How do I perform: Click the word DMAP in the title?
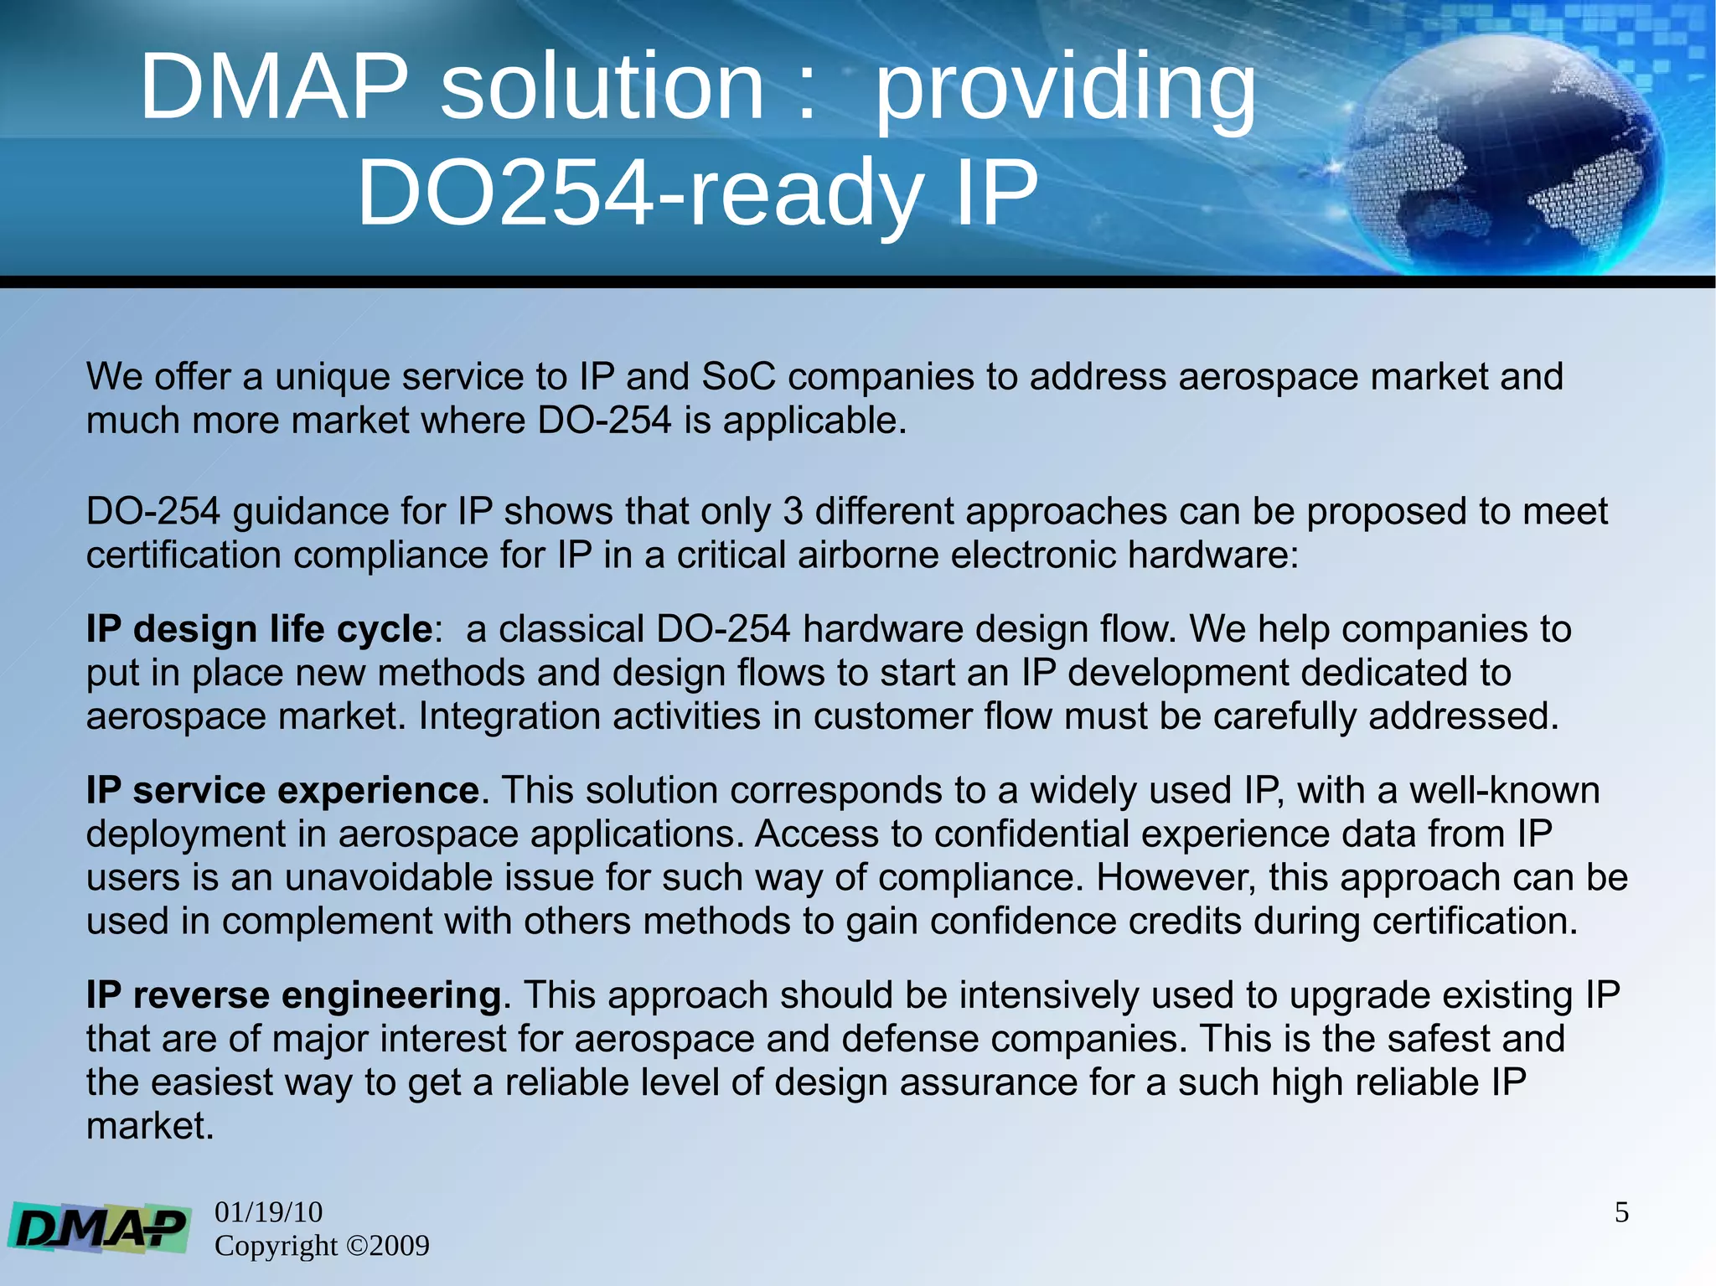pos(274,87)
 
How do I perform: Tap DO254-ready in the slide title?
pos(640,194)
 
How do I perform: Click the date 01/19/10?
pos(268,1211)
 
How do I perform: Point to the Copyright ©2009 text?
pos(322,1246)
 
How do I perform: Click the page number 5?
pos(1621,1212)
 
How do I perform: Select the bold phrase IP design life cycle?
pos(259,629)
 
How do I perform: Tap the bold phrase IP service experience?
pos(282,791)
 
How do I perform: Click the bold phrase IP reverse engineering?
pos(293,995)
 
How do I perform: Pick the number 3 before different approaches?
pos(793,512)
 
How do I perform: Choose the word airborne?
pos(868,555)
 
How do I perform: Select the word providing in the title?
pos(1065,89)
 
